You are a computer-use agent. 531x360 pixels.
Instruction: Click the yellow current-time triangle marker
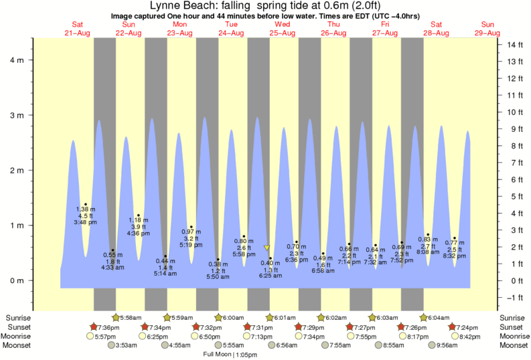267,248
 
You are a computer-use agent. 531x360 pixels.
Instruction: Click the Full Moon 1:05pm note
230,355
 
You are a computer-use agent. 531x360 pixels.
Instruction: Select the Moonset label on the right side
514,345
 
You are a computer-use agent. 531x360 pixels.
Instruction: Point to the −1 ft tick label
513,298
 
